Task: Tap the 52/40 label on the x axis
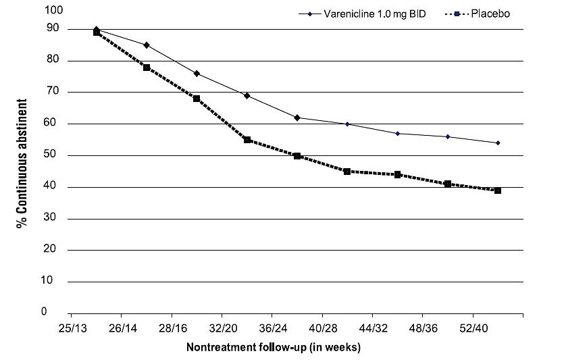click(472, 328)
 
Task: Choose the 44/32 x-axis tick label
click(372, 328)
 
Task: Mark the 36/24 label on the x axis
click(272, 328)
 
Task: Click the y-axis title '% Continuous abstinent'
click(22, 163)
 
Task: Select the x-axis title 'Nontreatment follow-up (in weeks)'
click(274, 348)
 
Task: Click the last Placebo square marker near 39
click(498, 190)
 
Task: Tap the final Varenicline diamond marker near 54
click(498, 143)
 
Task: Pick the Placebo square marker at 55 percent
click(247, 140)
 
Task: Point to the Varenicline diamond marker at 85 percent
click(147, 45)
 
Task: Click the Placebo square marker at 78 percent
click(147, 68)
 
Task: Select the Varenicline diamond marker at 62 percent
click(297, 118)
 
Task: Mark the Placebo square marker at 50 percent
click(297, 156)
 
